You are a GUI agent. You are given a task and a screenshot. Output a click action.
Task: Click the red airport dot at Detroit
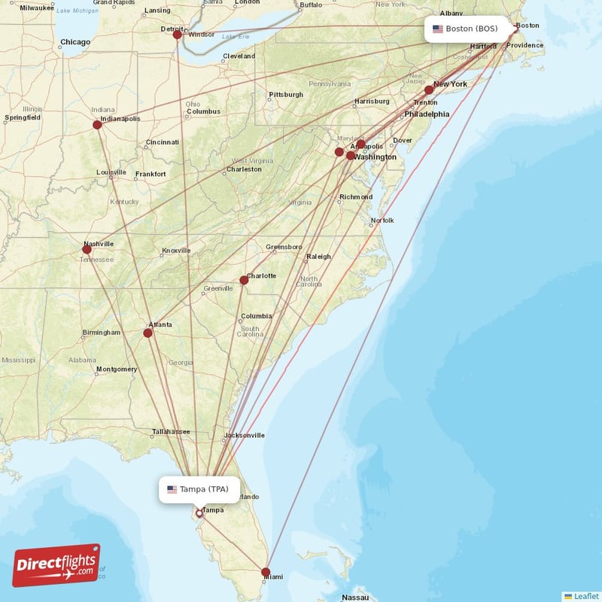(177, 35)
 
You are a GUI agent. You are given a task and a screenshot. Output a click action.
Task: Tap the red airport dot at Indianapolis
(97, 125)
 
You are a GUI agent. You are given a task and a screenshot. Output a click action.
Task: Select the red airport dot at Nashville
(87, 249)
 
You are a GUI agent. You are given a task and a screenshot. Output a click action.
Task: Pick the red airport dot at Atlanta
(148, 333)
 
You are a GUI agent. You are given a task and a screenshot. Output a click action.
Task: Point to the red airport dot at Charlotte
(244, 280)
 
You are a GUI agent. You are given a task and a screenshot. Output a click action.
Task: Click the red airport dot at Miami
(266, 572)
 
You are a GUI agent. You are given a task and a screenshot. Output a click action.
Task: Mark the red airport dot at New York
(429, 90)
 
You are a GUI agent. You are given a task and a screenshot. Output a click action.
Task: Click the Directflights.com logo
(56, 564)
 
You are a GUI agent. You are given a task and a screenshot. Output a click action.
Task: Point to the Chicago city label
(75, 42)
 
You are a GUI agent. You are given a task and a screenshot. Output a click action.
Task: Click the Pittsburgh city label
(286, 95)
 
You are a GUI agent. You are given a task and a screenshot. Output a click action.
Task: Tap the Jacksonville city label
(245, 435)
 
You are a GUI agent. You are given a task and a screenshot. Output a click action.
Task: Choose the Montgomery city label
(116, 369)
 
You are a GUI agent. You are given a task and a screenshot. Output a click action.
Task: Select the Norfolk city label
(382, 220)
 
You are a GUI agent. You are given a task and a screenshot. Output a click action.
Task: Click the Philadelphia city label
(427, 114)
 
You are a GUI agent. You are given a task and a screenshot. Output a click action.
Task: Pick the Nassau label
(354, 597)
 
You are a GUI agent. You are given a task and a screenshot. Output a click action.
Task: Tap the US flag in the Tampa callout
(172, 489)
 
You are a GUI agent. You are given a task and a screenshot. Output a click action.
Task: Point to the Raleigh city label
(318, 257)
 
